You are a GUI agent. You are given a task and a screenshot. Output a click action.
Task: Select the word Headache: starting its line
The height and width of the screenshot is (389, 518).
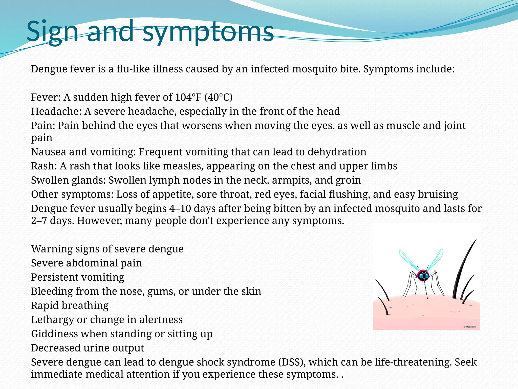[x=56, y=111]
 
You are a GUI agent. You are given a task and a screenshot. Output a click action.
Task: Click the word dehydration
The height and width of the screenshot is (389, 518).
[x=337, y=152]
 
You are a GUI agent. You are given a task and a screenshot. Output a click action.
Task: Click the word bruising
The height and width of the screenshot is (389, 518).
[x=438, y=194]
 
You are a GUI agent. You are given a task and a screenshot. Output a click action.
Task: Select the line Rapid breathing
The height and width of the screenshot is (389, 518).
[x=70, y=305]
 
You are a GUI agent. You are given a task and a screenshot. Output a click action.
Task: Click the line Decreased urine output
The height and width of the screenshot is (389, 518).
[x=88, y=348]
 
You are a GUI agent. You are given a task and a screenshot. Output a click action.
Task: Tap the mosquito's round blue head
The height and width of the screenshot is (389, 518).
[x=423, y=276]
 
